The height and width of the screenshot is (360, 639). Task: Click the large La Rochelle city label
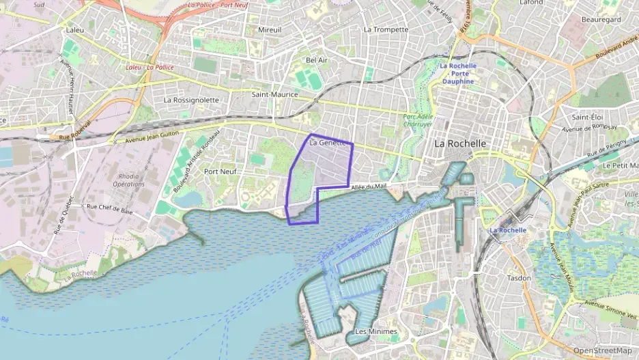click(460, 143)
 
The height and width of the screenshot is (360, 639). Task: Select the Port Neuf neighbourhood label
click(220, 171)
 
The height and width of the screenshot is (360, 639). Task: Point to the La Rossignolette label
click(191, 100)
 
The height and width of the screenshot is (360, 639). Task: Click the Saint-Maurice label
click(272, 94)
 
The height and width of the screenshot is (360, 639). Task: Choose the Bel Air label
click(317, 60)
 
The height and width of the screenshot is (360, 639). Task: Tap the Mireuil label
click(270, 30)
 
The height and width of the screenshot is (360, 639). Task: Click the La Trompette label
click(386, 29)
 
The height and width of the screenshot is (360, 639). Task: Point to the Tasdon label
click(519, 278)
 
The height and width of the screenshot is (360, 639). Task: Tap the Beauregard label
click(601, 20)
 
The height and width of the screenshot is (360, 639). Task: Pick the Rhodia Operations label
click(128, 180)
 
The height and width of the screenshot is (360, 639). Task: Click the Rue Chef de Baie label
click(109, 206)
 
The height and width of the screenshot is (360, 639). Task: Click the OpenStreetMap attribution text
click(602, 350)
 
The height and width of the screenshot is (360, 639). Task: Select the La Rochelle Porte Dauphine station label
click(458, 73)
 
